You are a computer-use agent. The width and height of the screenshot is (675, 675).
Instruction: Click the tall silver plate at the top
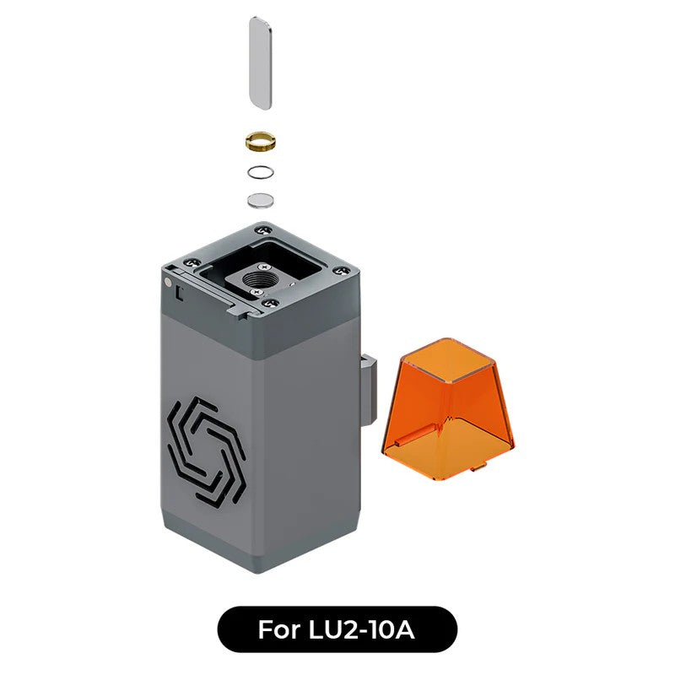[261, 62]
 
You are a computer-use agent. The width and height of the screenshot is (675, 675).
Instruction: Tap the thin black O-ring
[261, 172]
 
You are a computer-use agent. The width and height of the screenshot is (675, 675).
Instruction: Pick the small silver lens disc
[261, 200]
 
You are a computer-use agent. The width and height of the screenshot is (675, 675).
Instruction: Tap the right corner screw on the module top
[340, 271]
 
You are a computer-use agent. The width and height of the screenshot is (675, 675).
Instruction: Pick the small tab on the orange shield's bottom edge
[478, 465]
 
